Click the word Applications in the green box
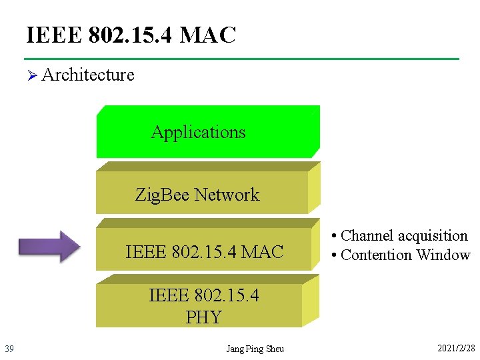click(198, 132)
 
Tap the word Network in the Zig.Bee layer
click(227, 195)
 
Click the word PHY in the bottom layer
click(203, 317)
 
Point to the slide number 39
click(9, 348)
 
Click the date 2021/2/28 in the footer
click(456, 348)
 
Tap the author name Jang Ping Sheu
click(255, 349)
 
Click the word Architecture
click(88, 75)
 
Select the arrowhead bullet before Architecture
click(31, 75)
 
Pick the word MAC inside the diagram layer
click(263, 251)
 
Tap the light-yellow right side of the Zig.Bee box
click(314, 190)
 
